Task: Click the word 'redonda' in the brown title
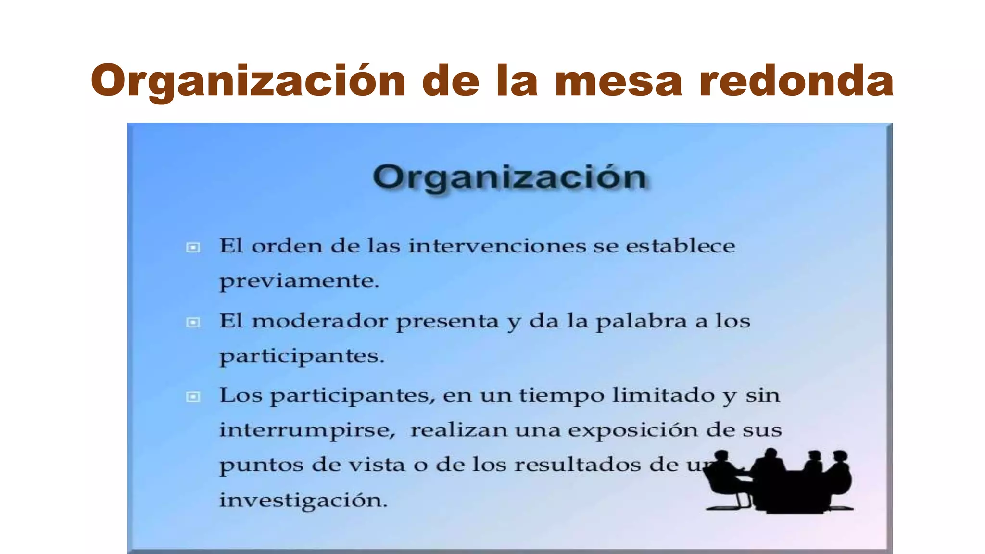796,81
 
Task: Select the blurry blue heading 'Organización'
509,177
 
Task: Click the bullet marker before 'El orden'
193,248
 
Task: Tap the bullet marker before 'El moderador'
193,322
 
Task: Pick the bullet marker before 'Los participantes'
193,397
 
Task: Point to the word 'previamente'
299,281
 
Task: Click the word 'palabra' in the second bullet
642,322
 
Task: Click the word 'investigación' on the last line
303,500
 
